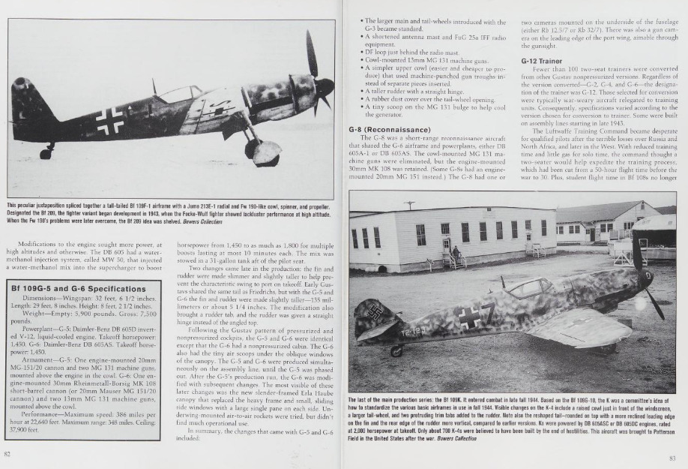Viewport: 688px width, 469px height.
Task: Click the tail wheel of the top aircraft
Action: click(46, 154)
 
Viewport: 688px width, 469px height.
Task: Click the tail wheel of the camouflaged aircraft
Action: click(396, 350)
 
